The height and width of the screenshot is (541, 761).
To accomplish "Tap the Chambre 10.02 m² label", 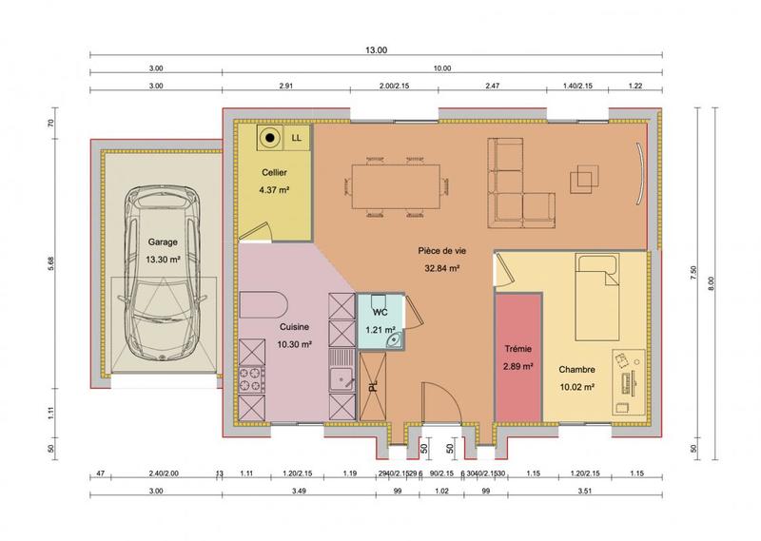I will pyautogui.click(x=576, y=377).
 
